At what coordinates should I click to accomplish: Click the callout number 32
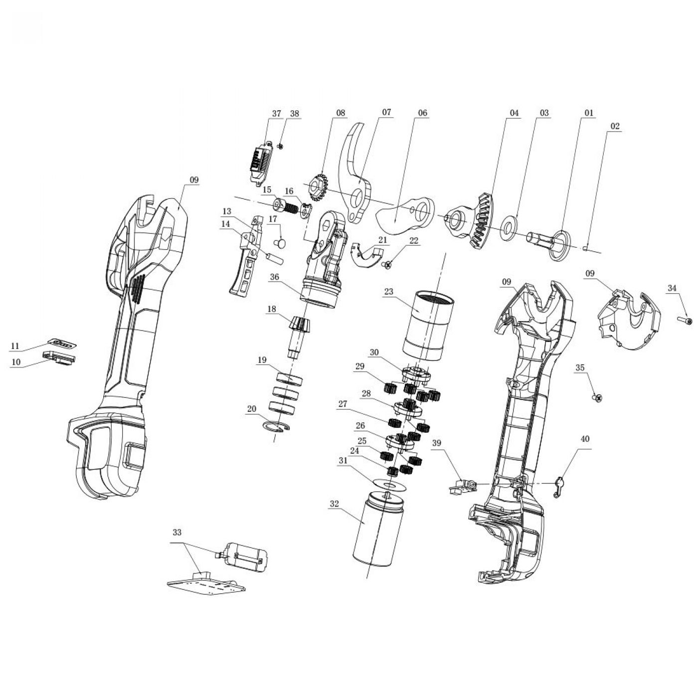335,504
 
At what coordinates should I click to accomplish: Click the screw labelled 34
685,320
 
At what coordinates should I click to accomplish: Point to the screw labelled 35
598,398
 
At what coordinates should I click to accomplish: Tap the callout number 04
514,113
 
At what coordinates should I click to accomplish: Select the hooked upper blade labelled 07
355,174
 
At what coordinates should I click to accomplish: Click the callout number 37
276,113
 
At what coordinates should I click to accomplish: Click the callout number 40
585,439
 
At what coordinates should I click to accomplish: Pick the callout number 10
15,362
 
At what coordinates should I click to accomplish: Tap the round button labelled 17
280,242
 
